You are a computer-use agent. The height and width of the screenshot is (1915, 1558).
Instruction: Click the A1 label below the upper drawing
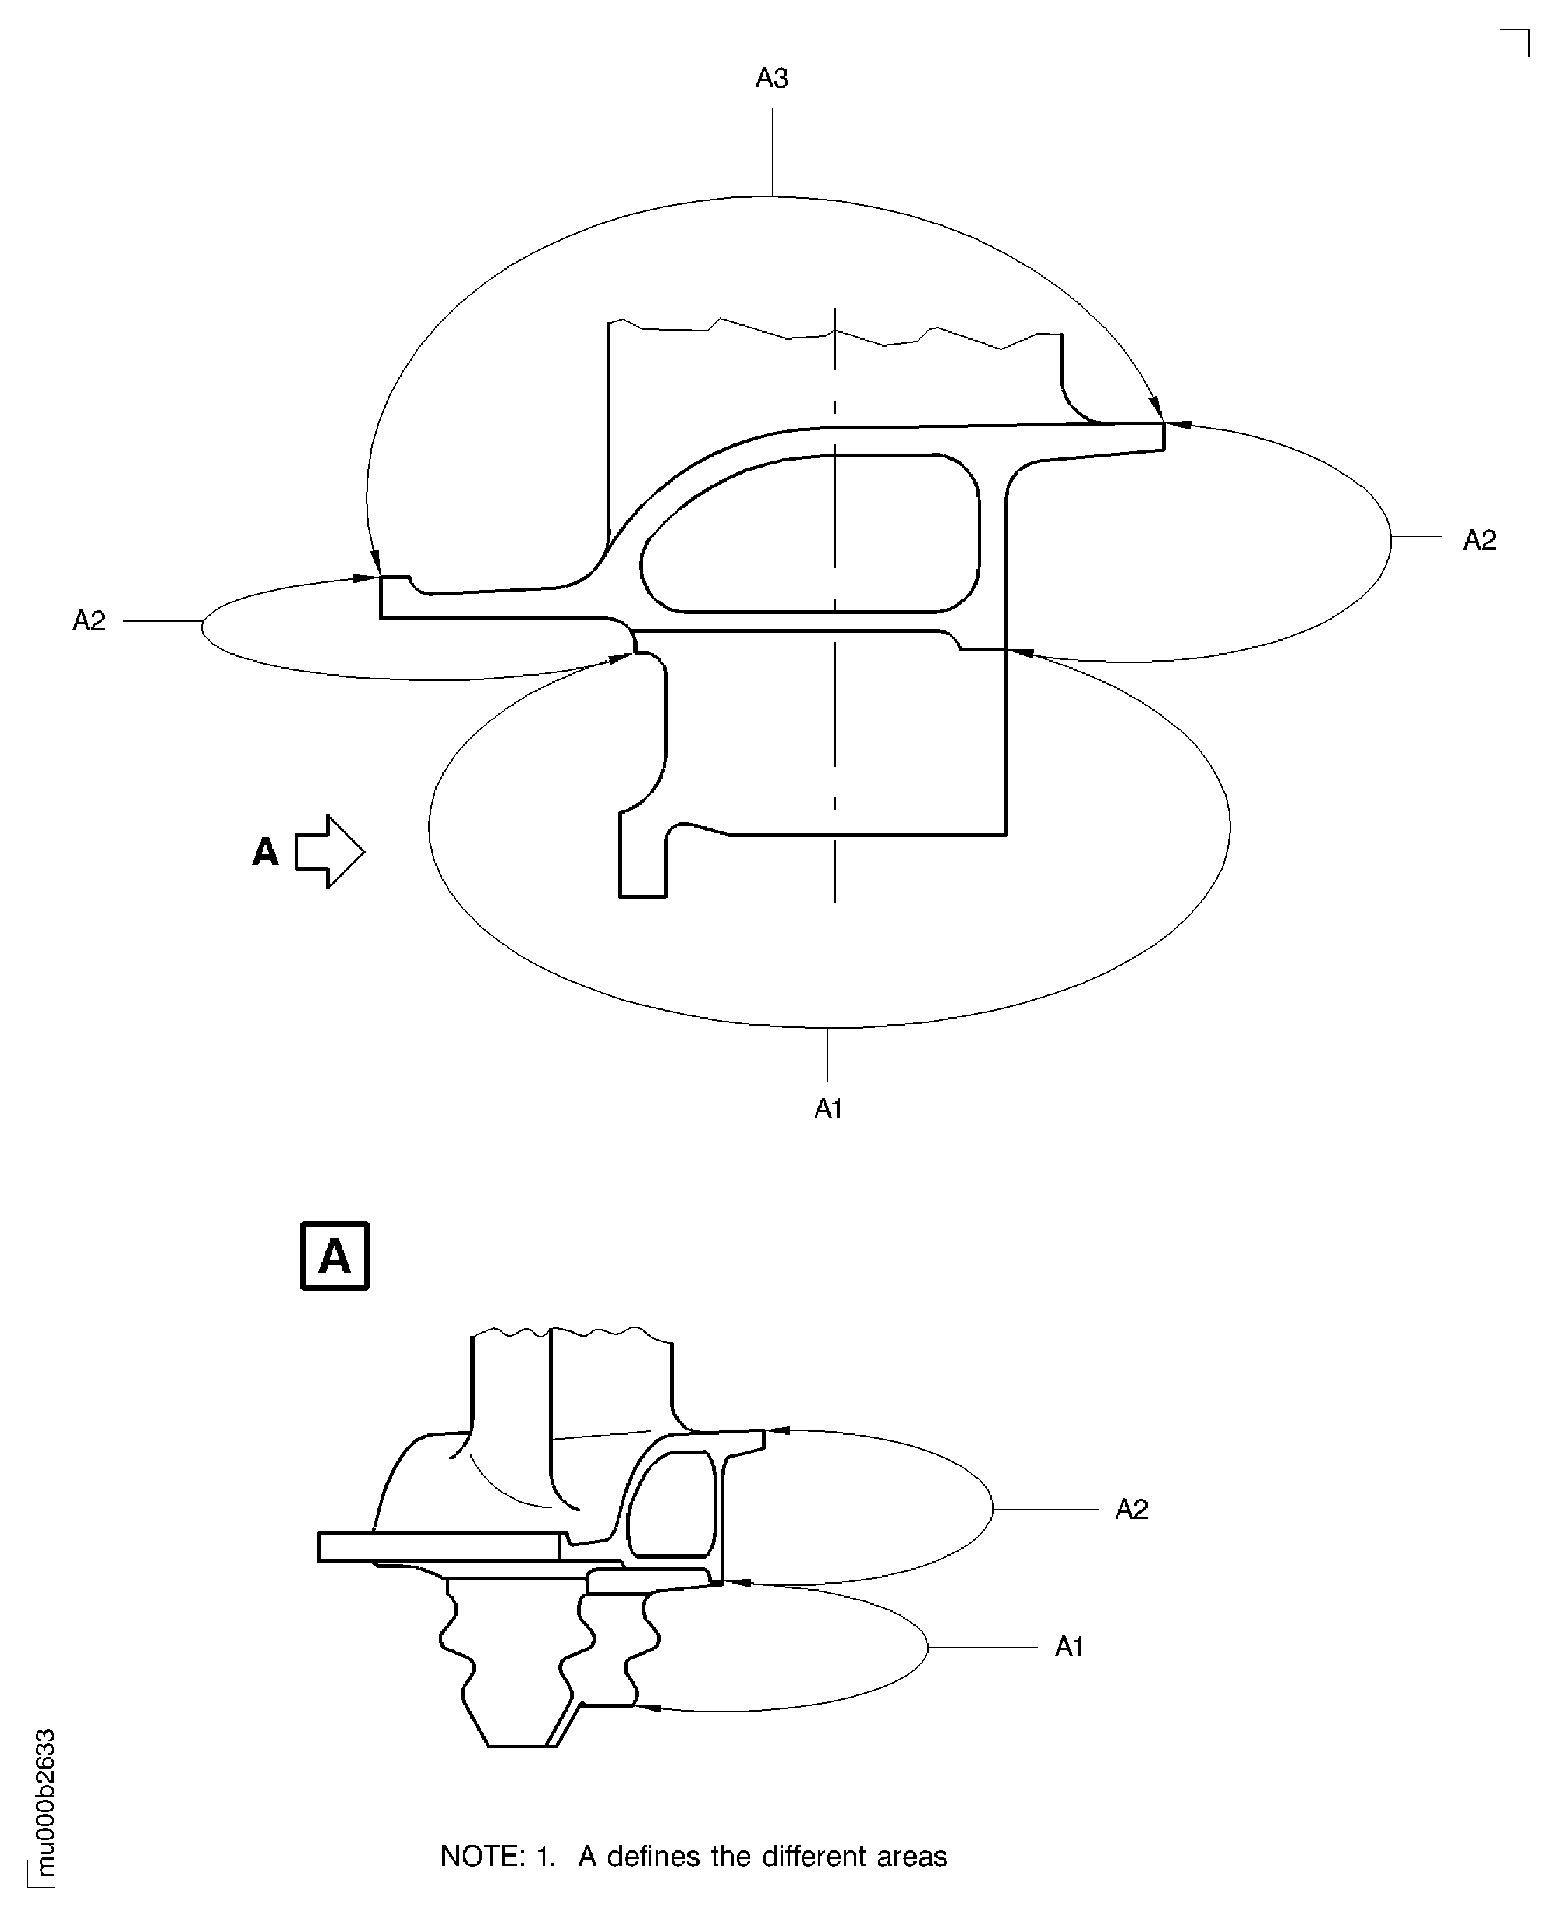827,1109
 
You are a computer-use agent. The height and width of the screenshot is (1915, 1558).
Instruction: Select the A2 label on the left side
89,620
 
